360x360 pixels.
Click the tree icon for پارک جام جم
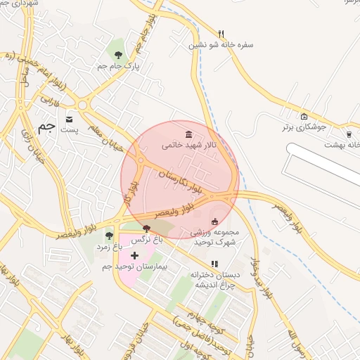pos(117,54)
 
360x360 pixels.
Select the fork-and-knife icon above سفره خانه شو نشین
pos(221,33)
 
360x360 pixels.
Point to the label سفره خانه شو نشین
pos(221,44)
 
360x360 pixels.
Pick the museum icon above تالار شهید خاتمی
pos(188,134)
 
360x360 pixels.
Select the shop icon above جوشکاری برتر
pos(304,116)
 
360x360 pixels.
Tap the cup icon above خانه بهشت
pos(349,134)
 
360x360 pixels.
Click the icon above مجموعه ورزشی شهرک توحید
pos(214,222)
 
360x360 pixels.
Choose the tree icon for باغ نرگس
pos(146,228)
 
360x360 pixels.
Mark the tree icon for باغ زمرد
pos(108,236)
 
